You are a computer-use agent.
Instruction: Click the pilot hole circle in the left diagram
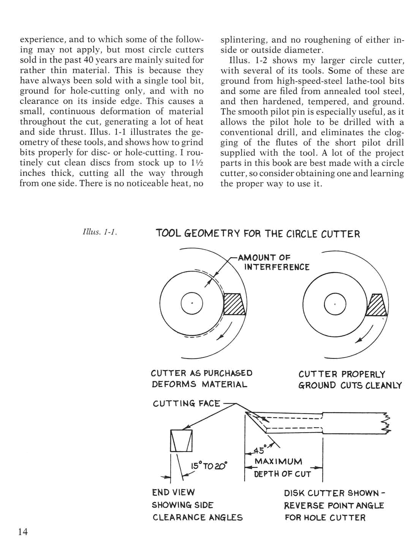192,303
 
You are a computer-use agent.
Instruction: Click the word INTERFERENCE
277,267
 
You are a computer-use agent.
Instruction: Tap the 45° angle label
259,450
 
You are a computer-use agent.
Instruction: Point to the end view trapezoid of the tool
181,441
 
